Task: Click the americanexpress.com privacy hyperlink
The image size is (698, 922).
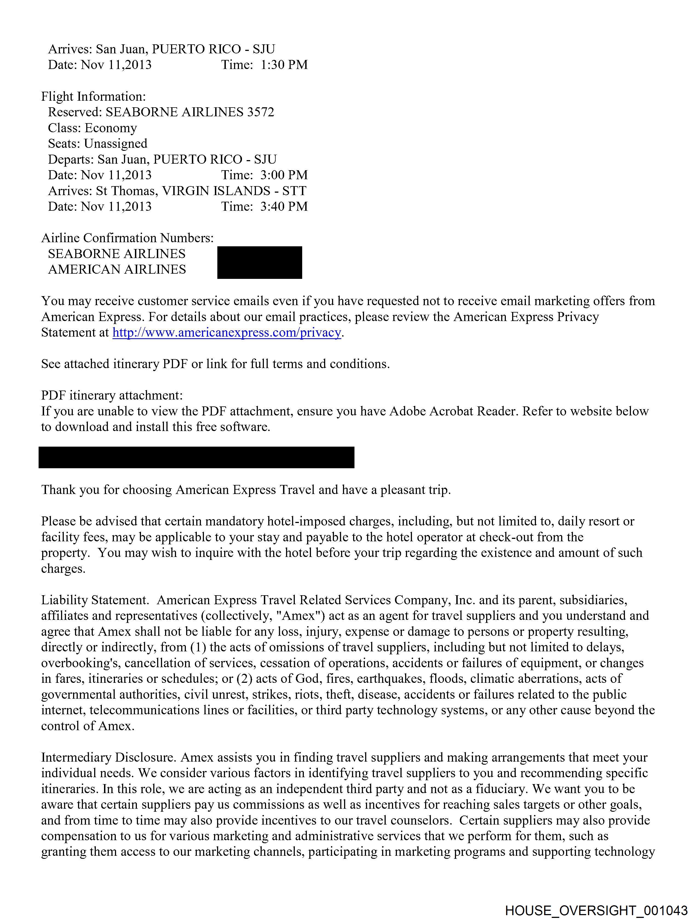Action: click(x=227, y=333)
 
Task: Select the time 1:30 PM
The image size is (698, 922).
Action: click(x=284, y=65)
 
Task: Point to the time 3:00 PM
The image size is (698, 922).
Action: click(x=284, y=175)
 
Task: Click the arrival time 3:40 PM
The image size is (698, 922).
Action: click(x=284, y=206)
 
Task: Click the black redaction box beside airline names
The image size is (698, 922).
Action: click(x=259, y=262)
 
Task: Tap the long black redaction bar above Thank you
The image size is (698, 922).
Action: click(x=196, y=457)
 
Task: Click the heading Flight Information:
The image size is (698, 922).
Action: click(x=93, y=96)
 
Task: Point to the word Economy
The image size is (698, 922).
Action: click(x=111, y=128)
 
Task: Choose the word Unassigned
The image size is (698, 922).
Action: click(x=116, y=144)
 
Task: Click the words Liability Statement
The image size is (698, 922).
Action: click(x=95, y=600)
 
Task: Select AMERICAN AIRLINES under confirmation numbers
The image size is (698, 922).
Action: click(x=117, y=270)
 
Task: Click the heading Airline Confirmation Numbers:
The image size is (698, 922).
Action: click(x=127, y=238)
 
